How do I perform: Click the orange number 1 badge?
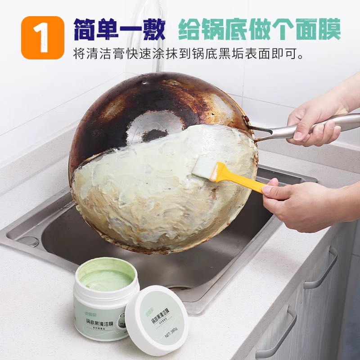pyautogui.click(x=43, y=38)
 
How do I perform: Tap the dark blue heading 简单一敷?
pyautogui.click(x=119, y=29)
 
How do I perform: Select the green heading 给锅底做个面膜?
pyautogui.click(x=259, y=29)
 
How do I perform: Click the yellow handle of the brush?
pyautogui.click(x=238, y=179)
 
